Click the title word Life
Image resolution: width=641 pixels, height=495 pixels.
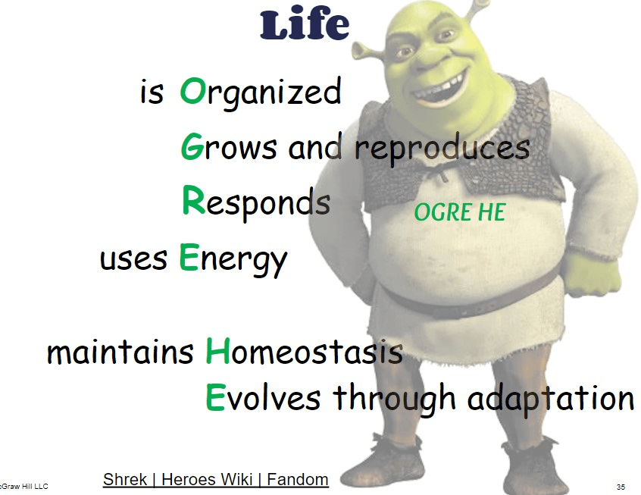(305, 24)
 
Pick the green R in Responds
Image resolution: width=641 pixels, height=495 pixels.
(193, 200)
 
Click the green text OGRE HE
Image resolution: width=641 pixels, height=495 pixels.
(460, 212)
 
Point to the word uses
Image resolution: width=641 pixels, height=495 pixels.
(133, 259)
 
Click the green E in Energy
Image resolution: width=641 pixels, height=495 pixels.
(189, 256)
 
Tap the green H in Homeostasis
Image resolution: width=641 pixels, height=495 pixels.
(218, 350)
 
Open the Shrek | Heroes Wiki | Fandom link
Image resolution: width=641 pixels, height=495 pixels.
(216, 479)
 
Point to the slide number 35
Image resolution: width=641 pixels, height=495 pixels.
(621, 487)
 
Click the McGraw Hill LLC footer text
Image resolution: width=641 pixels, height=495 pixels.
(23, 487)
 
